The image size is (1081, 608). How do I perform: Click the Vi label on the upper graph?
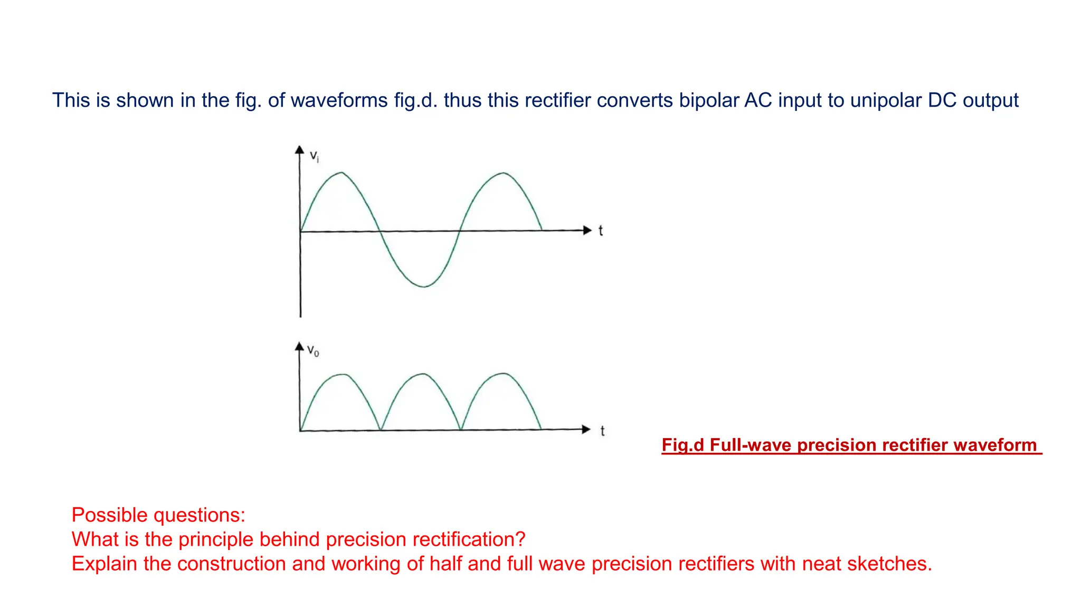click(x=314, y=156)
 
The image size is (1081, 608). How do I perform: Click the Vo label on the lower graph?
click(x=313, y=350)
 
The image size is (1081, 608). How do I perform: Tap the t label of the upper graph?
click(x=601, y=231)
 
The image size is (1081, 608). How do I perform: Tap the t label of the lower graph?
click(x=602, y=431)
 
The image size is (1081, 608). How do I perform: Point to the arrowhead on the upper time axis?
click(x=587, y=230)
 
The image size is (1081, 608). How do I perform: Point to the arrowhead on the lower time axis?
click(x=586, y=429)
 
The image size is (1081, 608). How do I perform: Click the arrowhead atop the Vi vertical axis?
click(x=299, y=150)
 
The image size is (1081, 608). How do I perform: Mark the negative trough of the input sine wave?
click(x=424, y=287)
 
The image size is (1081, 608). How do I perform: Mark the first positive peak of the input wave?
click(x=342, y=173)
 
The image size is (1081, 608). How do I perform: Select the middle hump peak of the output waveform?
click(x=424, y=374)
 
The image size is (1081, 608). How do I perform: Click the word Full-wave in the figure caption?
click(x=750, y=445)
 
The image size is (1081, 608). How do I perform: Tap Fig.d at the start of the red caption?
click(x=682, y=445)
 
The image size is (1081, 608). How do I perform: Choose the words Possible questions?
click(x=158, y=515)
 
